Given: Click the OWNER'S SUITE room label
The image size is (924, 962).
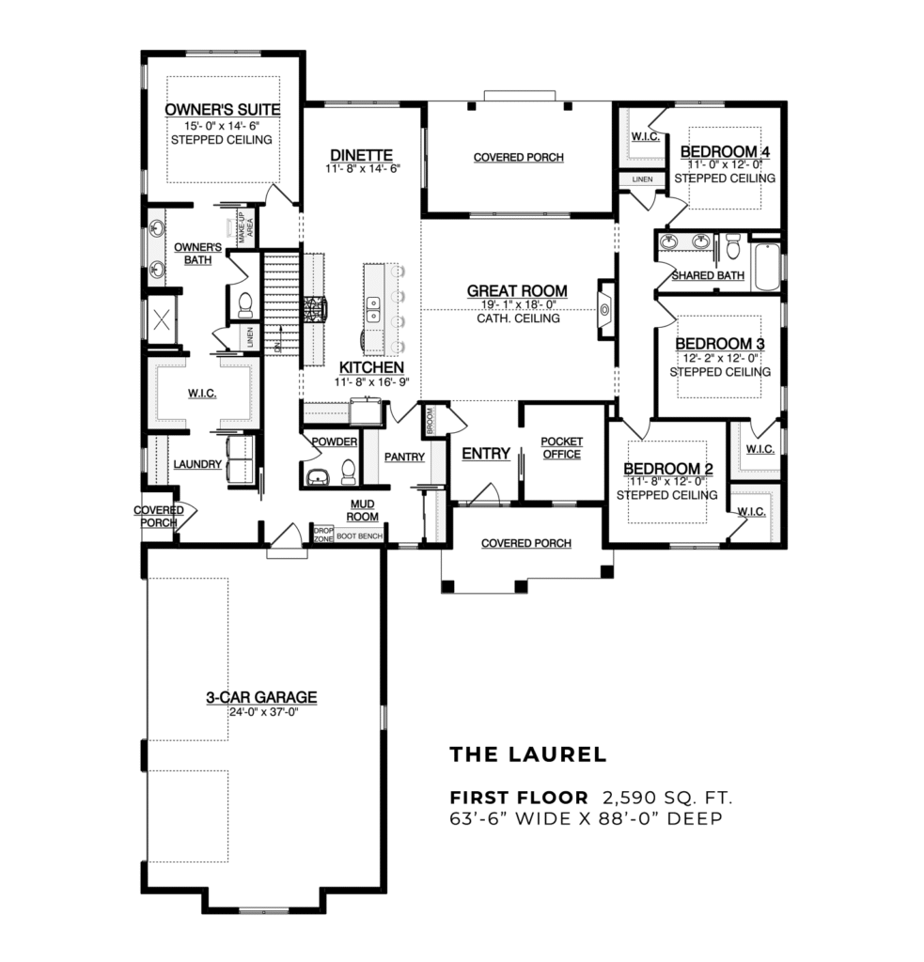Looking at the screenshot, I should click(222, 110).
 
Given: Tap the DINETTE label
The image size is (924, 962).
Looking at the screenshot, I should click(360, 155).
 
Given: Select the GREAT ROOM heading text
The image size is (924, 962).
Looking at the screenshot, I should click(517, 291).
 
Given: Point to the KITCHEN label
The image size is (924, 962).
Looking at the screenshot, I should click(371, 367).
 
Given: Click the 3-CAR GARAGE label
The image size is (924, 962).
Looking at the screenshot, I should click(261, 697).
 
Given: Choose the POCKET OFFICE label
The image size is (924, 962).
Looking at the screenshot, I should click(562, 448).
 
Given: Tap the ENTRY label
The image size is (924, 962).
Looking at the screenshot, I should click(486, 454).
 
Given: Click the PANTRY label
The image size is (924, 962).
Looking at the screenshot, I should click(405, 458).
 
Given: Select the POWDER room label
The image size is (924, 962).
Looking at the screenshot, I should click(334, 442).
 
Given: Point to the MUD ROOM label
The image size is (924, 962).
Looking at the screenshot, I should click(363, 510).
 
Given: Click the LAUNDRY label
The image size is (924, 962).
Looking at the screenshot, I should click(197, 464).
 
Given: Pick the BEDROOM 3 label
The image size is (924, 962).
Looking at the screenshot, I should click(718, 344).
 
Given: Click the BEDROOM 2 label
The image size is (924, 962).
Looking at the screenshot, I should click(662, 469).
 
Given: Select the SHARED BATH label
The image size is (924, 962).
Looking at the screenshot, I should click(707, 275).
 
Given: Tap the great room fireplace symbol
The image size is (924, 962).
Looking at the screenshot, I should click(603, 308).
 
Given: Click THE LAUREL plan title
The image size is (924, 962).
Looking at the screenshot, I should click(528, 754).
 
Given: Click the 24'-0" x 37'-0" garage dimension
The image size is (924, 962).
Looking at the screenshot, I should click(261, 712).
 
